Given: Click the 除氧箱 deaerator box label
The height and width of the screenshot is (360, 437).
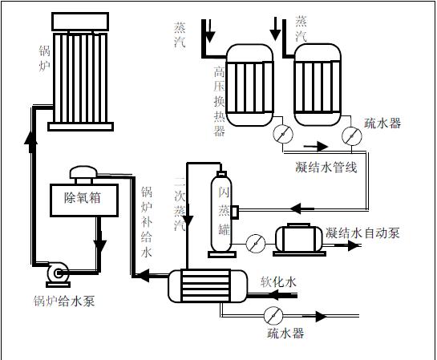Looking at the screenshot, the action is pyautogui.click(x=83, y=197).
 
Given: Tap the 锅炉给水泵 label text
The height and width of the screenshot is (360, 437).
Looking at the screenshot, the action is pyautogui.click(x=64, y=301).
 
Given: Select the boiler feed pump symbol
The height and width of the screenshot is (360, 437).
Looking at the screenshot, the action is pyautogui.click(x=58, y=274).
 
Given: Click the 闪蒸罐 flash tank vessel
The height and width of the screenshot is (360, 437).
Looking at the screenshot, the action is pyautogui.click(x=221, y=215).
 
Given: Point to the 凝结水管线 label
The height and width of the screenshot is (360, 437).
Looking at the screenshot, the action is pyautogui.click(x=326, y=168).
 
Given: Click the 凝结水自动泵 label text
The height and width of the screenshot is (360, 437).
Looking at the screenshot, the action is pyautogui.click(x=362, y=233).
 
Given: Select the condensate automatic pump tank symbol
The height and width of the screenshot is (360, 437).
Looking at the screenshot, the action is pyautogui.click(x=299, y=240).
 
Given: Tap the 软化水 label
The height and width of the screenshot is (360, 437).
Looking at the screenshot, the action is pyautogui.click(x=278, y=281).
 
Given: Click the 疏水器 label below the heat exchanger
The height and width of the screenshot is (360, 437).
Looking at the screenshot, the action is pyautogui.click(x=285, y=334).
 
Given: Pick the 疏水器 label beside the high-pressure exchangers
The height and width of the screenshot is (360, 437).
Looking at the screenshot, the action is pyautogui.click(x=382, y=123).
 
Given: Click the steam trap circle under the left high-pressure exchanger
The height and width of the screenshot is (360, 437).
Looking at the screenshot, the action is pyautogui.click(x=283, y=135).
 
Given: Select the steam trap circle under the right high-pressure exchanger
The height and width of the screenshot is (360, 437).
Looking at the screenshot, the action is pyautogui.click(x=352, y=136).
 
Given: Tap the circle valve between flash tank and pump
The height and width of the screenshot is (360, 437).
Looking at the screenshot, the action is pyautogui.click(x=256, y=244).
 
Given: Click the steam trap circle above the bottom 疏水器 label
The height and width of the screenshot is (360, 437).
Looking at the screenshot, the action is pyautogui.click(x=273, y=316).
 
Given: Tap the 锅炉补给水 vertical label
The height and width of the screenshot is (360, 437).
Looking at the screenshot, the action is pyautogui.click(x=147, y=222).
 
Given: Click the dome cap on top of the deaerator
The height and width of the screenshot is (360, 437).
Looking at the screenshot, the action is pyautogui.click(x=83, y=172).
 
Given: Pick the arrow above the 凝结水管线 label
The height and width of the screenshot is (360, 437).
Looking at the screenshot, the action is pyautogui.click(x=316, y=147).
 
